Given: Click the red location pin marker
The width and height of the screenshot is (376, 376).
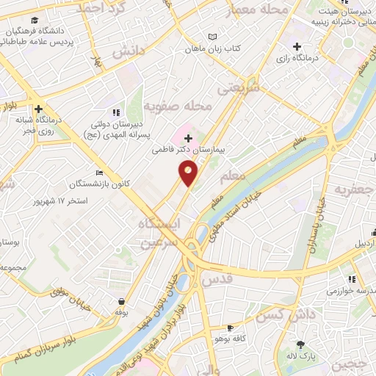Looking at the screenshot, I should (189, 173).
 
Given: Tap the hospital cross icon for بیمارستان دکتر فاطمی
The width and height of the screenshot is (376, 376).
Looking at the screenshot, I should (189, 138).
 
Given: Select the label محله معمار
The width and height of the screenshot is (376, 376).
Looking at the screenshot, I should (256, 9).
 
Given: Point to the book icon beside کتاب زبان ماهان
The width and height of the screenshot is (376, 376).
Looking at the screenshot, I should (214, 37).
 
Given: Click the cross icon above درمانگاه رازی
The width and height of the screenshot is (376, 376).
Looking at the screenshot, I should (296, 47).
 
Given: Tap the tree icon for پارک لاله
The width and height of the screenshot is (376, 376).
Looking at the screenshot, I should (300, 343).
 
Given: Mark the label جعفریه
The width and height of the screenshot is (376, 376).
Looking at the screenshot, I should (350, 189).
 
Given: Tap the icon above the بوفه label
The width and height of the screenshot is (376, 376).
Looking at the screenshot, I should (120, 300).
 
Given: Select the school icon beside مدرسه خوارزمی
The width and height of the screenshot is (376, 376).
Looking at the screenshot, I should (352, 279).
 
